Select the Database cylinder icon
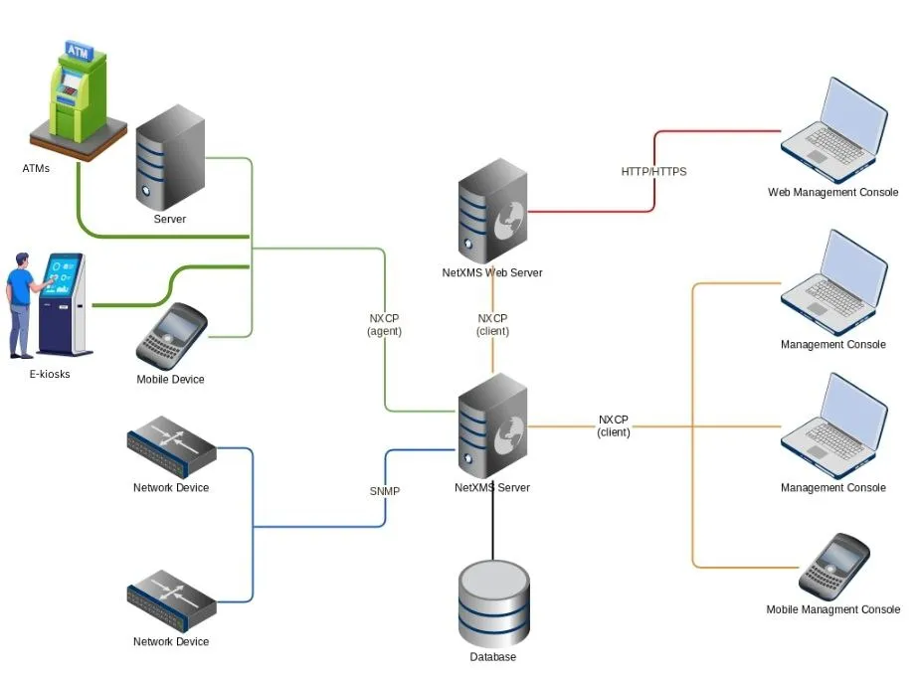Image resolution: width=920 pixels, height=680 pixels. point(493,603)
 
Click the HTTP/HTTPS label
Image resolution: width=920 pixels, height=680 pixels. point(653,171)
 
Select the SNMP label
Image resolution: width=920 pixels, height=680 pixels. point(385,490)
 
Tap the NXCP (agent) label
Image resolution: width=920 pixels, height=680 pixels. point(384,325)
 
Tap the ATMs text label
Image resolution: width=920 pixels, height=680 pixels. point(36,168)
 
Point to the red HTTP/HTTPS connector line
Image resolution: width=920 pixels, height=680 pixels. point(716,131)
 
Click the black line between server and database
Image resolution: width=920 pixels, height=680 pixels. point(493,527)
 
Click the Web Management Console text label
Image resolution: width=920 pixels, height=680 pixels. point(832,193)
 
